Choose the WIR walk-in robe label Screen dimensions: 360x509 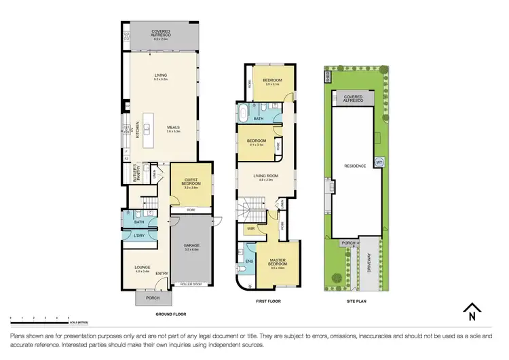point(250,229)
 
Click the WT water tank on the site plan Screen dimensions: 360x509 point(379,162)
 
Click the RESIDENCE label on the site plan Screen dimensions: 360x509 point(355,166)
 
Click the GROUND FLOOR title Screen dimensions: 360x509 point(170,314)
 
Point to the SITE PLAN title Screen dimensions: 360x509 point(356,301)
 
